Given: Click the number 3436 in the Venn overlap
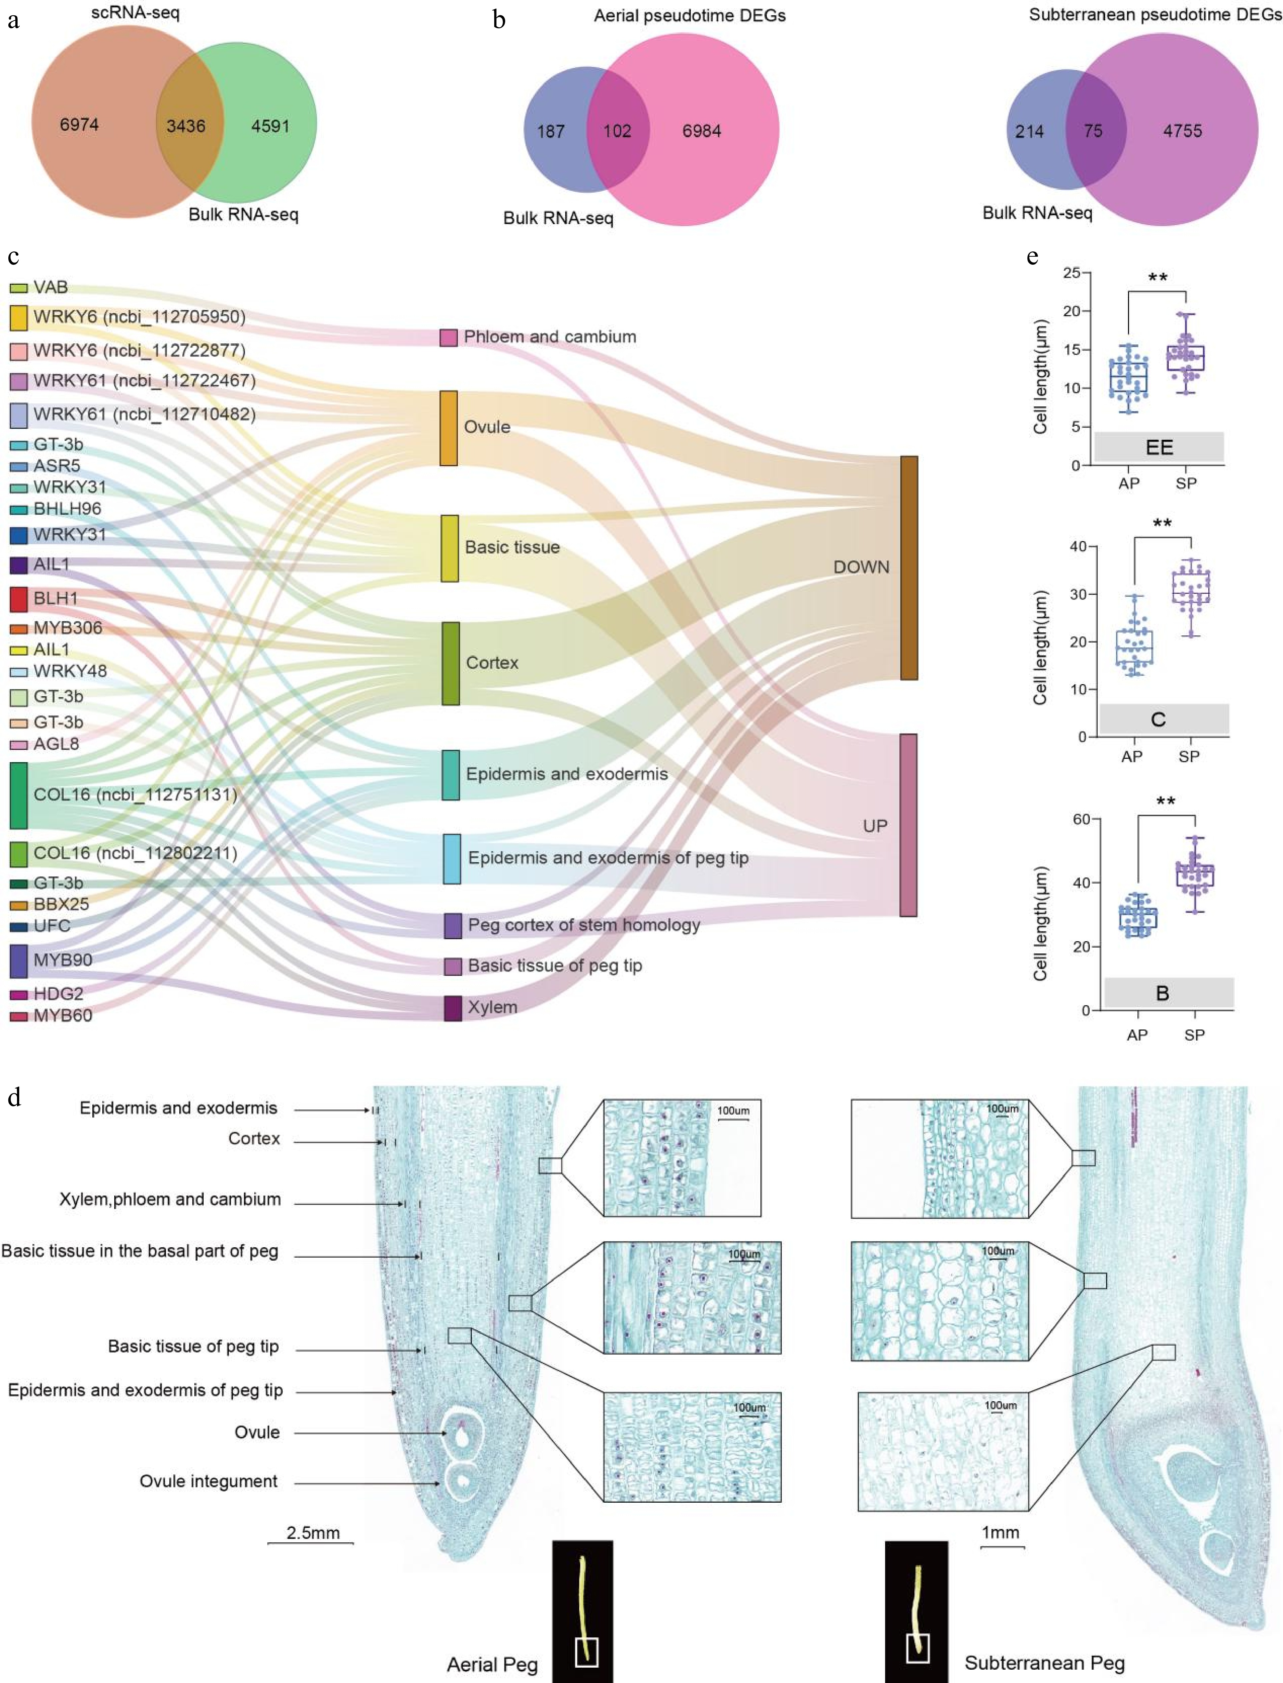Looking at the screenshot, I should [186, 126].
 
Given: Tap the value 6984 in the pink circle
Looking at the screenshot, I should [701, 131].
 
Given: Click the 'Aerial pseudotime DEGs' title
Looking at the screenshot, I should [689, 15].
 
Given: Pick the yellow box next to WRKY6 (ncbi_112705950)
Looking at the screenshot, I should [18, 317].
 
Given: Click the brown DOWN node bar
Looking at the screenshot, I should [909, 568].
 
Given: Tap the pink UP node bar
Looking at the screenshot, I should [908, 825].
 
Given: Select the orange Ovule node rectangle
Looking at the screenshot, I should [448, 428].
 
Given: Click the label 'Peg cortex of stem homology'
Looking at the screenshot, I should [584, 925].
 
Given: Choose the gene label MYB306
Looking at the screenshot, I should [67, 628].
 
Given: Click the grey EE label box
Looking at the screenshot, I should [1158, 447].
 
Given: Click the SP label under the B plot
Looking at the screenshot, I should [1194, 1035].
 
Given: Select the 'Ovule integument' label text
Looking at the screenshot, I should [209, 1481].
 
